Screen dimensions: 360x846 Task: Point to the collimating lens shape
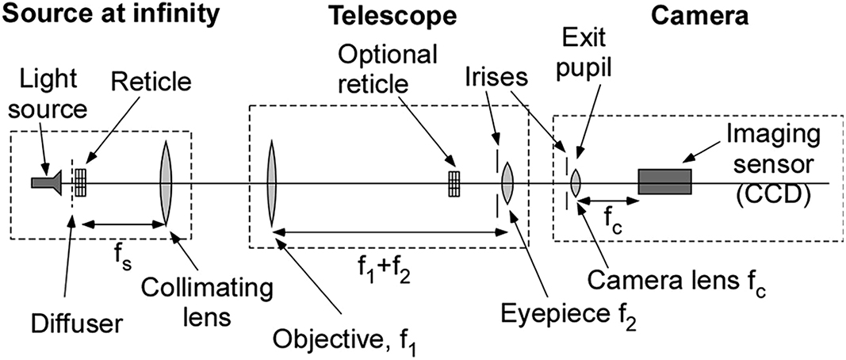tap(166, 182)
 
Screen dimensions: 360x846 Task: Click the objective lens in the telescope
tap(271, 182)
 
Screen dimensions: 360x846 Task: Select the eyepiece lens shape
tap(507, 182)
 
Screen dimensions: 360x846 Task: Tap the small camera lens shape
tap(576, 182)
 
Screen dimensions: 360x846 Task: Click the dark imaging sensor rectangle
tap(664, 182)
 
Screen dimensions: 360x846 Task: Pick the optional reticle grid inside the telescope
tap(454, 182)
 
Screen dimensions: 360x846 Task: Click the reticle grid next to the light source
tap(81, 182)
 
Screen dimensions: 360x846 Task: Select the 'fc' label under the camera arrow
tap(605, 236)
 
